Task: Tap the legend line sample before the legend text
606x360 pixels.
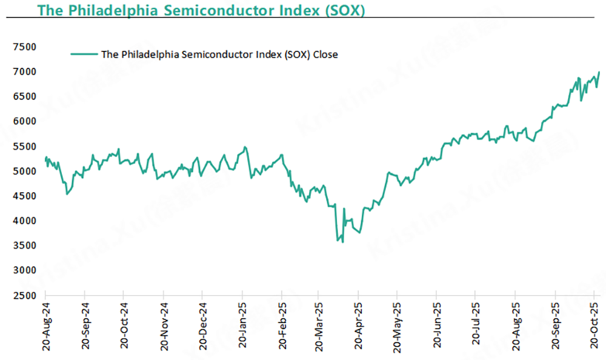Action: coord(84,54)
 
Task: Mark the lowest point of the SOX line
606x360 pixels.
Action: coord(343,242)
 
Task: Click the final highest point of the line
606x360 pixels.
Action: coord(599,72)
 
